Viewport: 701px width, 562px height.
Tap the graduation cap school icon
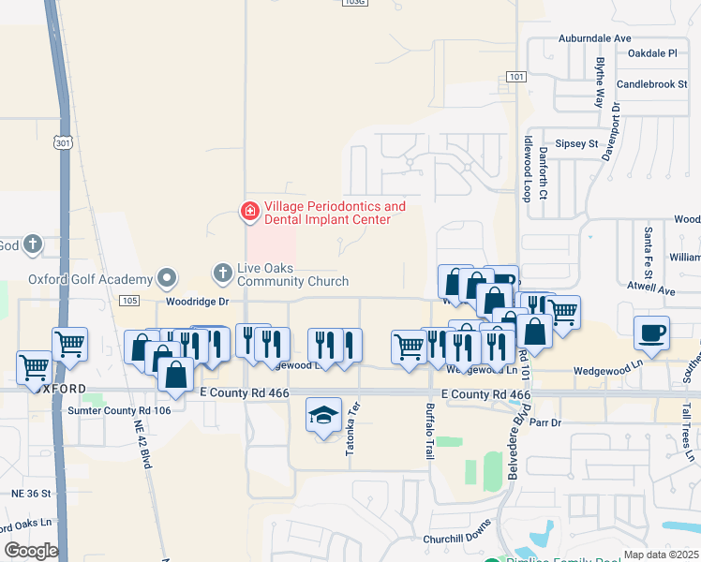click(323, 415)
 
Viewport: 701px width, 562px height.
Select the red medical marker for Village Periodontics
click(249, 213)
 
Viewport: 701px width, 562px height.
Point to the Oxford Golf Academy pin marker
click(167, 278)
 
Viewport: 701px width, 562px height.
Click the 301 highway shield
click(63, 143)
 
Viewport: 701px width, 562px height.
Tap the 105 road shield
click(129, 300)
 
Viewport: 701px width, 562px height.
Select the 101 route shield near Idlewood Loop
click(517, 76)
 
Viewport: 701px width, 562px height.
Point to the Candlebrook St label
click(652, 84)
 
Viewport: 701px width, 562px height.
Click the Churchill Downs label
click(456, 538)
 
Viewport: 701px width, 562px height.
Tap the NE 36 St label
click(31, 493)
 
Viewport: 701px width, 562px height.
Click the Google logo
click(31, 550)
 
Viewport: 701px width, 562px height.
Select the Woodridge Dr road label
click(198, 302)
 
